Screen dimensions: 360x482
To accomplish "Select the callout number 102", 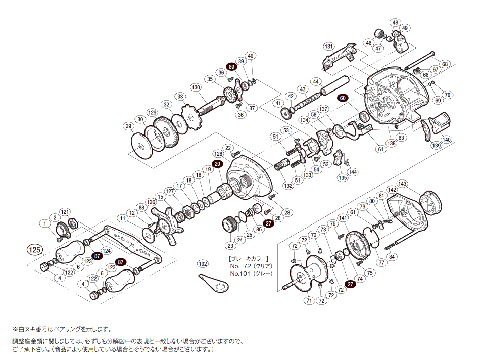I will click(x=203, y=264).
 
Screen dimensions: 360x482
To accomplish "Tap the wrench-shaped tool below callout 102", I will click(x=213, y=282).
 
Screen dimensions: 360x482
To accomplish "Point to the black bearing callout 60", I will click(x=343, y=99).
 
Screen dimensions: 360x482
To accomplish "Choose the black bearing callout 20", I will click(x=217, y=164).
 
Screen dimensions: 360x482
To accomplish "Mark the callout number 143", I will click(x=402, y=184).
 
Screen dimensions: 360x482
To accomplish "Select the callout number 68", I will click(x=444, y=64).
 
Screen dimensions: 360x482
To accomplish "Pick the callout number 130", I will click(x=196, y=87).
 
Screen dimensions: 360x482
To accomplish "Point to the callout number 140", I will click(x=446, y=140).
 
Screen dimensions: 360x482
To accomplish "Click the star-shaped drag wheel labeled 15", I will click(x=166, y=222).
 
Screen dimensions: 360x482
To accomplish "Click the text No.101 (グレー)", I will click(x=251, y=273).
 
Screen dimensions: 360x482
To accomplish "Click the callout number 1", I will click(x=45, y=223).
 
